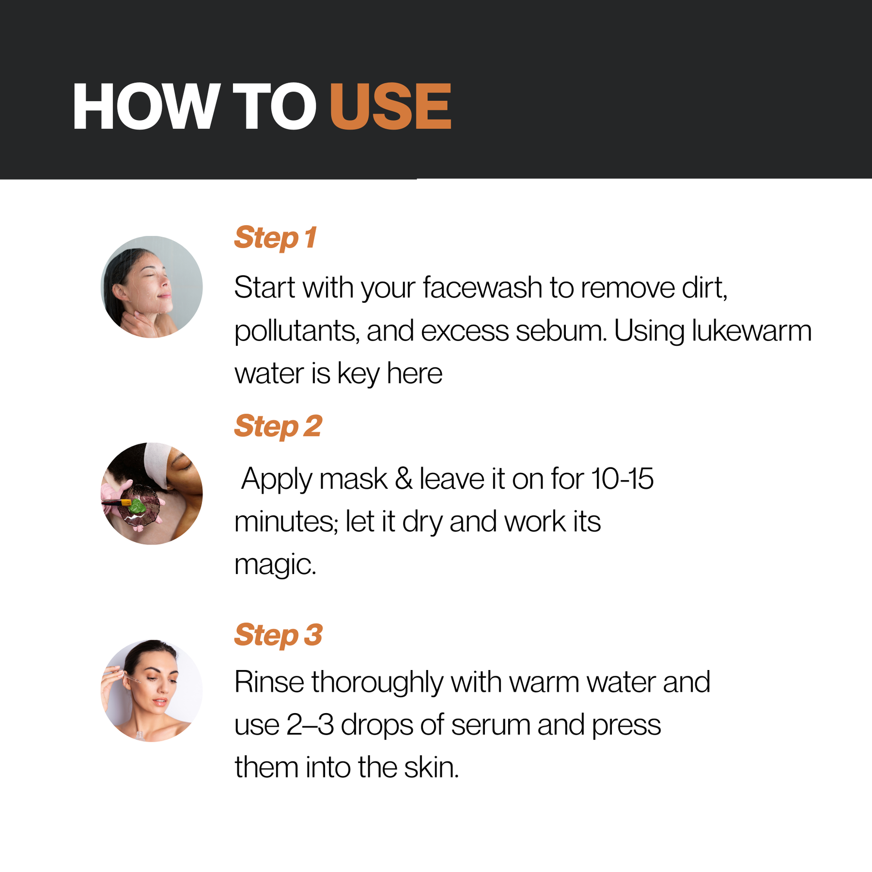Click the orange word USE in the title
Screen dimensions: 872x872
click(x=390, y=106)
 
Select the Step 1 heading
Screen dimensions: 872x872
click(x=275, y=238)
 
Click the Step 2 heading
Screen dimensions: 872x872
click(x=278, y=426)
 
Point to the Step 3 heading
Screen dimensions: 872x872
click(x=279, y=635)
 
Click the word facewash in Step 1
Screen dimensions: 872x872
click(x=483, y=287)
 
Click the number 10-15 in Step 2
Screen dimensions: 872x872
click(x=623, y=479)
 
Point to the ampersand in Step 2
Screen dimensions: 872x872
click(x=404, y=479)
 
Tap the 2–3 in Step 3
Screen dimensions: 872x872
click(x=310, y=725)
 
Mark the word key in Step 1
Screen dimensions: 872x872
click(x=358, y=374)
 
